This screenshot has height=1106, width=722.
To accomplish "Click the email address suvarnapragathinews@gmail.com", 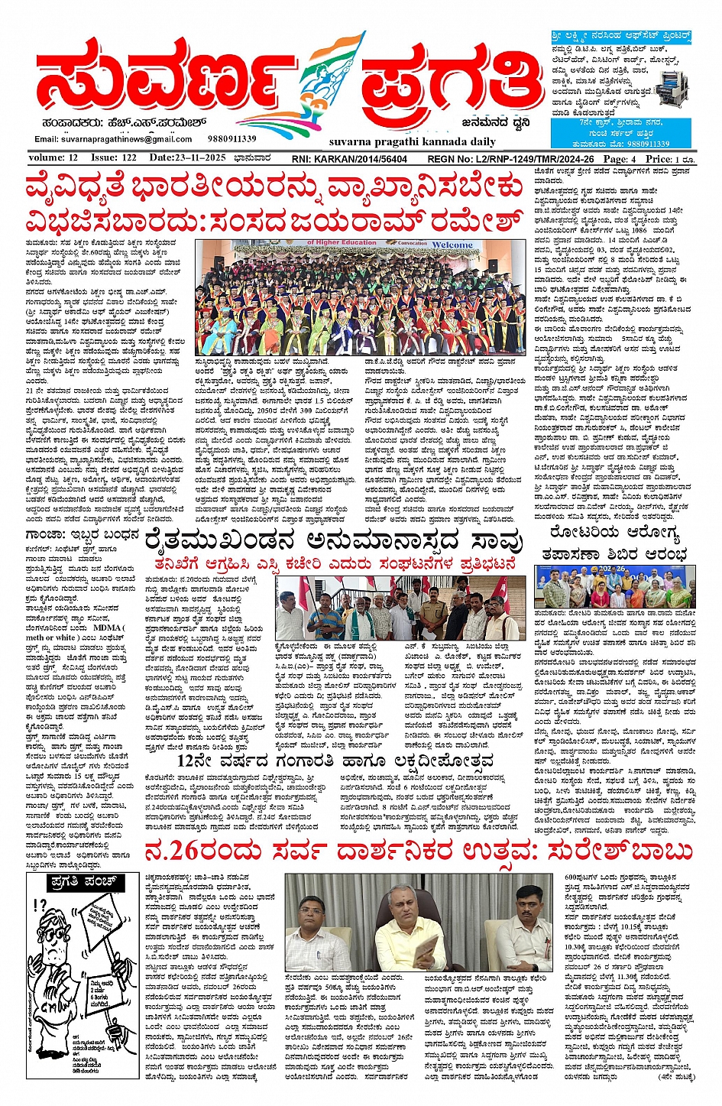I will [x=113, y=139].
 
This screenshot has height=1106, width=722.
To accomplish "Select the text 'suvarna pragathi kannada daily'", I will [x=413, y=141].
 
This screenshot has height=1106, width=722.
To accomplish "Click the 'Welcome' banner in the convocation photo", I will [x=452, y=245].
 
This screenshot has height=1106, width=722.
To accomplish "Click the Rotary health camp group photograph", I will [x=615, y=586].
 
